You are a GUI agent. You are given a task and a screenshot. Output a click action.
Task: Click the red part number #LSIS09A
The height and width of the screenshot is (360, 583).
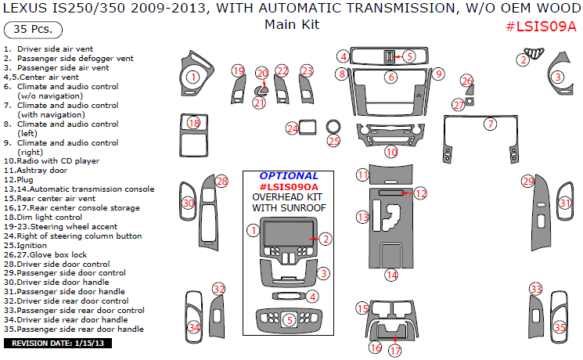coord(541,26)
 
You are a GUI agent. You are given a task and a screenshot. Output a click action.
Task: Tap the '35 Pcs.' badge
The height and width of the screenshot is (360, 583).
coord(32,31)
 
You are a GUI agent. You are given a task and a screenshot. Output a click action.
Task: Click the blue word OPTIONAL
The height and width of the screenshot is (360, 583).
coord(289,176)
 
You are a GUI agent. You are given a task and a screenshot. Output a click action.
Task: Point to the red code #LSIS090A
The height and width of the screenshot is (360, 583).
coord(289,186)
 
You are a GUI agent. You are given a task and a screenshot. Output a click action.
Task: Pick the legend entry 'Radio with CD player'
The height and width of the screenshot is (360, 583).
coord(52,160)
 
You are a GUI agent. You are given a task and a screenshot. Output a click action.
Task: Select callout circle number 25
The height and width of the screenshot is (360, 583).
coord(334,142)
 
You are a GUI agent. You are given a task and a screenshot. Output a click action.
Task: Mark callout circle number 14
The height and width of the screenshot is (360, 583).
coord(390,275)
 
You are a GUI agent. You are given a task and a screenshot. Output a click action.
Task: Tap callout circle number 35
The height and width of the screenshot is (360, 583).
coord(560,327)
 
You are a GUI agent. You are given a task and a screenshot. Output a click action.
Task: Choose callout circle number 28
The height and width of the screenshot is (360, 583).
coord(222,182)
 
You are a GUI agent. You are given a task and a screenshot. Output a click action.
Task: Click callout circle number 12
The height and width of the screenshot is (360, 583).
coord(421,193)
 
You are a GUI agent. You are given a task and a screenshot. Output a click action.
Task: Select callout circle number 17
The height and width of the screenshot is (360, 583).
coord(395,351)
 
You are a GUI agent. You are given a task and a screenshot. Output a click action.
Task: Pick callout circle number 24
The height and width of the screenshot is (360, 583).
coord(293,128)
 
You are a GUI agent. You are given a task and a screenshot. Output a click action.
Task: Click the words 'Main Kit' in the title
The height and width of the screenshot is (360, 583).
coord(292,24)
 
